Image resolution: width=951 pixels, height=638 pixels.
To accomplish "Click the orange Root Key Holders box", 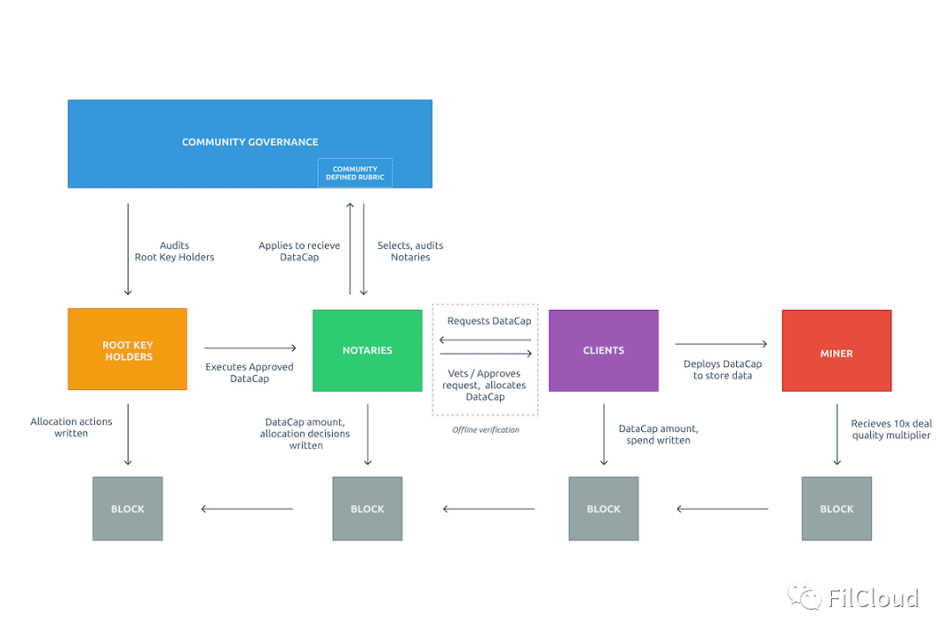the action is (x=128, y=349).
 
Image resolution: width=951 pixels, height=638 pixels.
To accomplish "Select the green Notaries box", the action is (x=367, y=350).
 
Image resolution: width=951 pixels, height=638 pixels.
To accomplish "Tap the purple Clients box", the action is (x=603, y=350).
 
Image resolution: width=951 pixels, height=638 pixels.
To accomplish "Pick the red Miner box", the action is (x=837, y=350).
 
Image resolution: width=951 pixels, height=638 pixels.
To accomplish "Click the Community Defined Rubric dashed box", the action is (x=355, y=172).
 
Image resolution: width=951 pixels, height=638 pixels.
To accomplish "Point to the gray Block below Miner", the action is (x=837, y=509).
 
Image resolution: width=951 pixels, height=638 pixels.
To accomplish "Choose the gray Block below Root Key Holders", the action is (x=128, y=509).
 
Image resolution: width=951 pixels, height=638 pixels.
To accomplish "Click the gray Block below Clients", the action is (x=603, y=509).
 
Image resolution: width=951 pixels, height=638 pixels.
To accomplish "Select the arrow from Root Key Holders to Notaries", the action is (x=250, y=348).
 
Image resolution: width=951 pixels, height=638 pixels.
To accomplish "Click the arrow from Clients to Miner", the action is (x=721, y=343).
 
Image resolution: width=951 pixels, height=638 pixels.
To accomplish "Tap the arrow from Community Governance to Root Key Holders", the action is (x=128, y=249).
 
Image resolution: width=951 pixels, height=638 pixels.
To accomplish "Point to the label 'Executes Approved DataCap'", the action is (x=249, y=372).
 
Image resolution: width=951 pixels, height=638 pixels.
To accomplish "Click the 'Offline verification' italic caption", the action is (x=486, y=429).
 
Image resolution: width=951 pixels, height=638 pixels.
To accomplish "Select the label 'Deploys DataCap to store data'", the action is (x=722, y=370).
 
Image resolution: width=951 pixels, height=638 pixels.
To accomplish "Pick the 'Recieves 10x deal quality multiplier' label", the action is (x=891, y=429).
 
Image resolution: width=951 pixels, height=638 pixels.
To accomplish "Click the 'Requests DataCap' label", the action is (x=489, y=320).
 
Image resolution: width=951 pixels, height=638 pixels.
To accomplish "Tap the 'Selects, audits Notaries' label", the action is (x=410, y=251).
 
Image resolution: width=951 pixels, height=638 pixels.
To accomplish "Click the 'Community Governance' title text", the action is (x=250, y=142).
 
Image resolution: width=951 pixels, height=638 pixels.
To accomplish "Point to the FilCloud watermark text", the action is (x=873, y=598).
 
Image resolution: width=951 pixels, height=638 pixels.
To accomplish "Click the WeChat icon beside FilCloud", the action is (x=804, y=596).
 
